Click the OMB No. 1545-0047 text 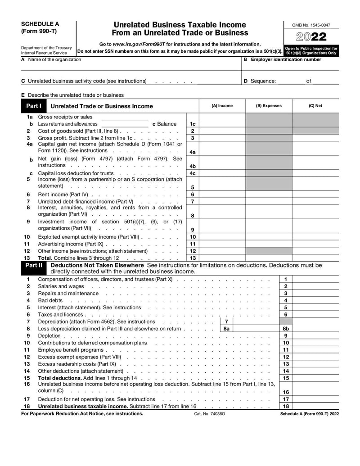pos(311,25)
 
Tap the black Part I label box pos(34,106)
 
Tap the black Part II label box pos(34,266)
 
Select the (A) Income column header pos(222,106)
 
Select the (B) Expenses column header pos(269,106)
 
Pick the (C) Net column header pos(315,106)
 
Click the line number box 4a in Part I pos(193,152)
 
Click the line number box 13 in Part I pos(193,258)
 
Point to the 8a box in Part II pos(226,329)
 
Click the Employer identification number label pos(286,59)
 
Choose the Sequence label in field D pos(263,81)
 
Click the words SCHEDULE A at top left pos(40,24)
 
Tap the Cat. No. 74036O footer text pos(210,413)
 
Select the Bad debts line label pos(50,300)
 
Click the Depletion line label pos(49,335)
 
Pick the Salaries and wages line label pos(61,286)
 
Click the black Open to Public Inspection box pos(311,50)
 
